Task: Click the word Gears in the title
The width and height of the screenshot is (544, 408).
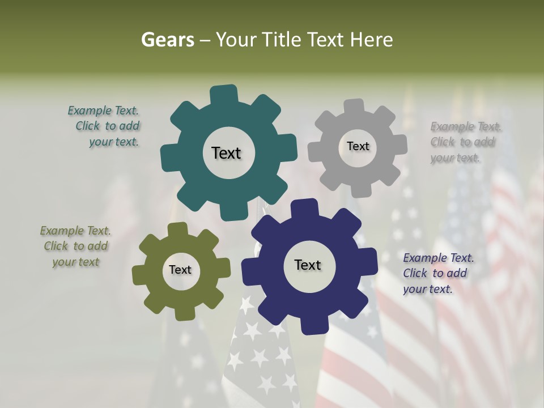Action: click(167, 40)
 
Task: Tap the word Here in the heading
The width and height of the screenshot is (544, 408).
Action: click(372, 40)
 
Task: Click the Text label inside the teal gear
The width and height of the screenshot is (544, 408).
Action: click(226, 153)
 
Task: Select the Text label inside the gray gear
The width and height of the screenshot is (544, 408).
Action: click(358, 146)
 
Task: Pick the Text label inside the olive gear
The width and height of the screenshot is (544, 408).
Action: click(180, 270)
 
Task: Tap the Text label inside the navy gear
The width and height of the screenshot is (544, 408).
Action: click(308, 265)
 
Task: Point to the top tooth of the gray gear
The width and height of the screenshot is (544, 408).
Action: click(354, 107)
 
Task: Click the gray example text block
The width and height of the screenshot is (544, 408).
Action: click(463, 142)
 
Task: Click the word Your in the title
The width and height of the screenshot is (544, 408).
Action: click(237, 40)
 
